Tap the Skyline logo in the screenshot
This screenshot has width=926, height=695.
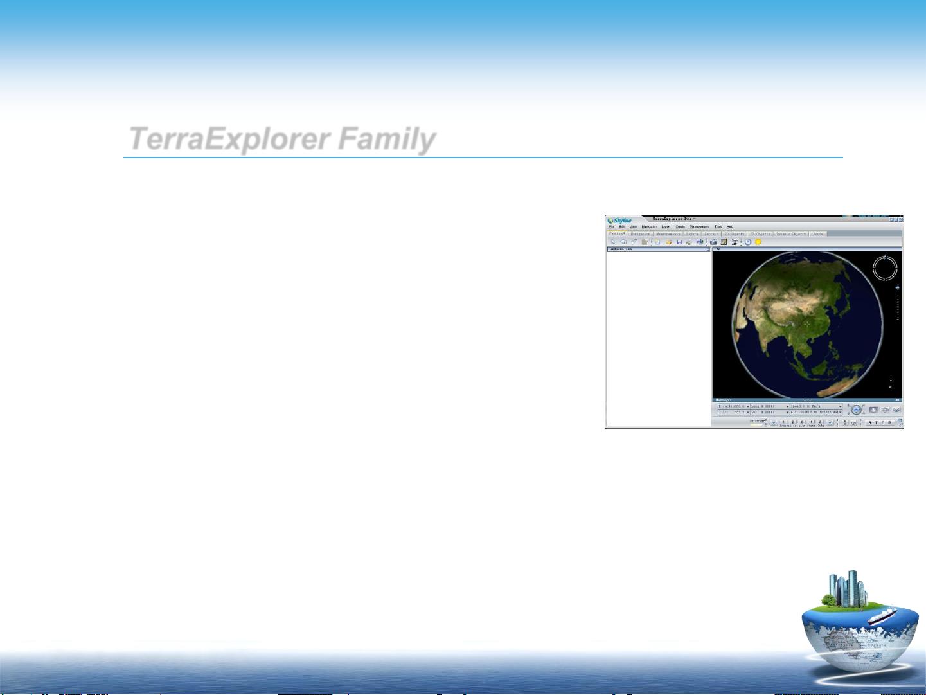pos(620,221)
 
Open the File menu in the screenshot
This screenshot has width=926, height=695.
pos(612,226)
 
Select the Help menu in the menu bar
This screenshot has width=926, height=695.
pos(730,226)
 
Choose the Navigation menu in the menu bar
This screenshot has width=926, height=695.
pos(649,226)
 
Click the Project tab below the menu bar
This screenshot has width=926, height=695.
pos(617,233)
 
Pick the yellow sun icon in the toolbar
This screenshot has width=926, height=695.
pos(758,242)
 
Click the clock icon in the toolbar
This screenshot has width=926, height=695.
pos(748,242)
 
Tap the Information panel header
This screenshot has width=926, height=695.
pos(658,249)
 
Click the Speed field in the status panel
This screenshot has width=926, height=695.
pos(815,406)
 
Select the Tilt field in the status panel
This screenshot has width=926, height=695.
pos(733,412)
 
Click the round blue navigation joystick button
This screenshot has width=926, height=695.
pos(856,410)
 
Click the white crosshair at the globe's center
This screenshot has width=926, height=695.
pos(806,324)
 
